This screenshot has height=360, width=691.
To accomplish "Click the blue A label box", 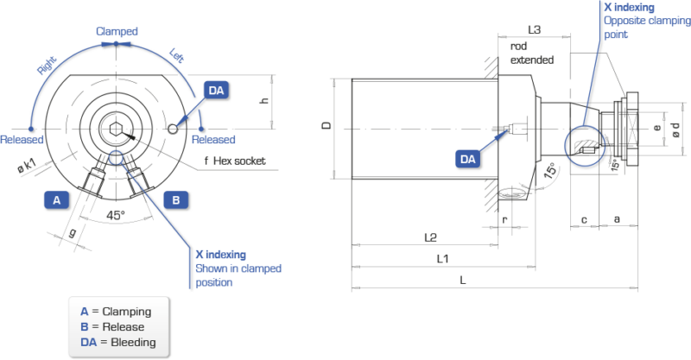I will (56, 199).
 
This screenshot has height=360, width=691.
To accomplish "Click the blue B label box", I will (175, 199).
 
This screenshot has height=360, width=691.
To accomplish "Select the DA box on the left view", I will (215, 90).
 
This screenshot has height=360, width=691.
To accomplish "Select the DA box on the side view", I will (468, 158).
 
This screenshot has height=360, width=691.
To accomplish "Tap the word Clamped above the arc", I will (117, 31).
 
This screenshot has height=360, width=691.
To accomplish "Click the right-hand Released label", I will (212, 139).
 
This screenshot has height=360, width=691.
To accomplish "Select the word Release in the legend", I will (123, 327).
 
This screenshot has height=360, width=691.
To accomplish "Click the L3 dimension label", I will (535, 29).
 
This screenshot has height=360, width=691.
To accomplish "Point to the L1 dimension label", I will (441, 258).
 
